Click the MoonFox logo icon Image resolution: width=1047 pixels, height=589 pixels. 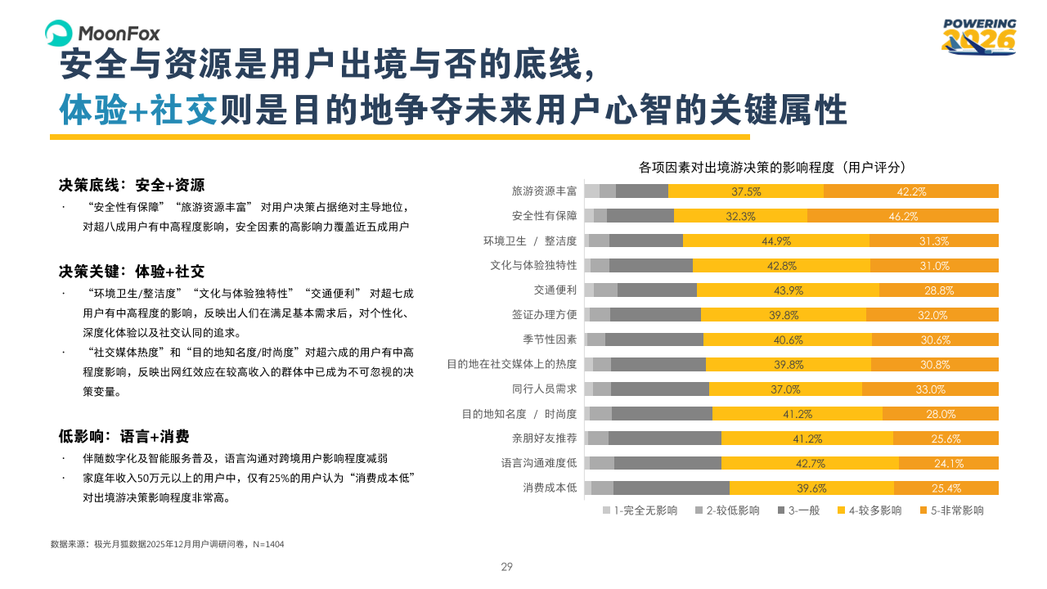pos(59,34)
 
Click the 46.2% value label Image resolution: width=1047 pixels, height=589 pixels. pos(902,217)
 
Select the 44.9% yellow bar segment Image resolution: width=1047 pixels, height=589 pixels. pos(775,241)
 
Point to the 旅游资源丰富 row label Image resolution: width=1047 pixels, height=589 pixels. pos(544,191)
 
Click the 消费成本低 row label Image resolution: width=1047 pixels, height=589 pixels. pos(550,488)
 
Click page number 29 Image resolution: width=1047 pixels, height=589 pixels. pos(506,567)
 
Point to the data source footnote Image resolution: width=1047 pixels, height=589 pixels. pos(167,544)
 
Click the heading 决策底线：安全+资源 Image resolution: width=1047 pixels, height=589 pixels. pos(132,185)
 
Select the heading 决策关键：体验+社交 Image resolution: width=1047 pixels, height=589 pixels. pos(132,271)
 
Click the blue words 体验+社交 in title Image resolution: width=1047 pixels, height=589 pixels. pos(138,110)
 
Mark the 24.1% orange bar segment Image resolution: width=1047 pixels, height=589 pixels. pos(948,464)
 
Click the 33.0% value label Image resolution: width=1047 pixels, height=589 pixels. pos(930,389)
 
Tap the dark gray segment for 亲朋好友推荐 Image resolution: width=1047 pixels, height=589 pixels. pos(664,438)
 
